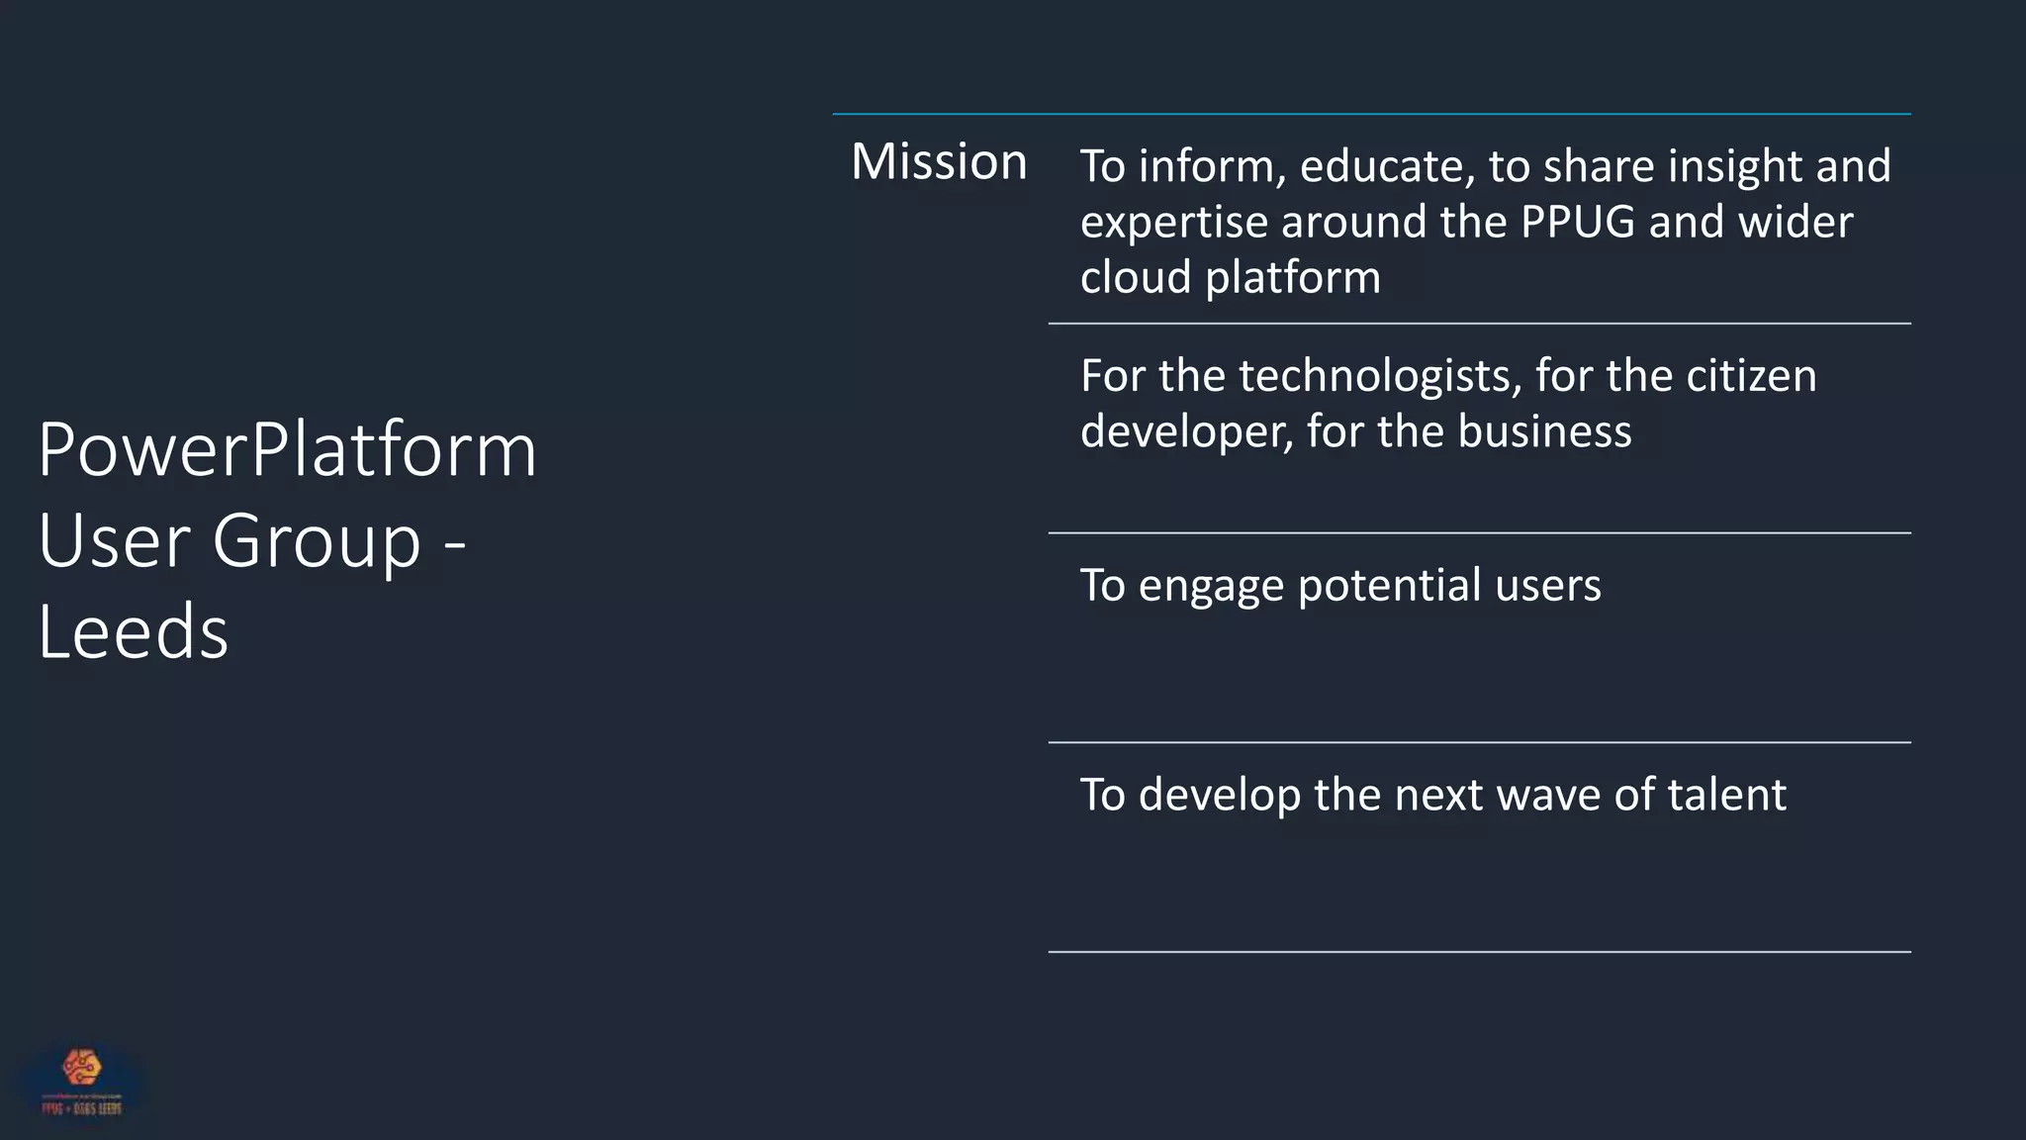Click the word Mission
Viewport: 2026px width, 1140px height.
pyautogui.click(x=939, y=161)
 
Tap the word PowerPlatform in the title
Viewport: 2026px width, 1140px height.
pyautogui.click(x=287, y=450)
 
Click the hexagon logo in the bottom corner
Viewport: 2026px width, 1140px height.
pyautogui.click(x=82, y=1068)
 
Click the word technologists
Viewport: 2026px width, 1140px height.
pyautogui.click(x=1380, y=376)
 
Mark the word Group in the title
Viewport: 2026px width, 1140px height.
pyautogui.click(x=317, y=542)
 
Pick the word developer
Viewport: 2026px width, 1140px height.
pyautogui.click(x=1186, y=432)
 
